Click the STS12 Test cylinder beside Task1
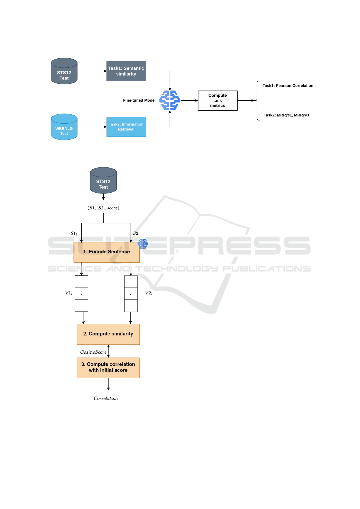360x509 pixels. click(64, 71)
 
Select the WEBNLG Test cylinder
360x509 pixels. click(64, 127)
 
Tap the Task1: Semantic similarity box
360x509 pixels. click(126, 71)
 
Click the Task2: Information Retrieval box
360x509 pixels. click(126, 127)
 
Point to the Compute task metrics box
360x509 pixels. click(218, 100)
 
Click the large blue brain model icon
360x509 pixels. click(170, 100)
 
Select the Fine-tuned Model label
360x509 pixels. click(139, 100)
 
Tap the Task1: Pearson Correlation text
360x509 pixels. click(288, 86)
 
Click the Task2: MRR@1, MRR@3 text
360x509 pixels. click(286, 115)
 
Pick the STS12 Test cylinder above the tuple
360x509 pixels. click(103, 180)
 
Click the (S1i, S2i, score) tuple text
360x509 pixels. click(103, 208)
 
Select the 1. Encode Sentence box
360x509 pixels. click(107, 252)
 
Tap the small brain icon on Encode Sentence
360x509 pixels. click(143, 244)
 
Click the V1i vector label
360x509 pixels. click(69, 293)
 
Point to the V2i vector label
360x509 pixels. click(149, 293)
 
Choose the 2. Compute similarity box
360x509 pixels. click(108, 334)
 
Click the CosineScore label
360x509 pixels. click(93, 352)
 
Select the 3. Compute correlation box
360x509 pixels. click(108, 368)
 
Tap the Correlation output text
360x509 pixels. click(106, 398)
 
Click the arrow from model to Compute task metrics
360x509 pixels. click(189, 100)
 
